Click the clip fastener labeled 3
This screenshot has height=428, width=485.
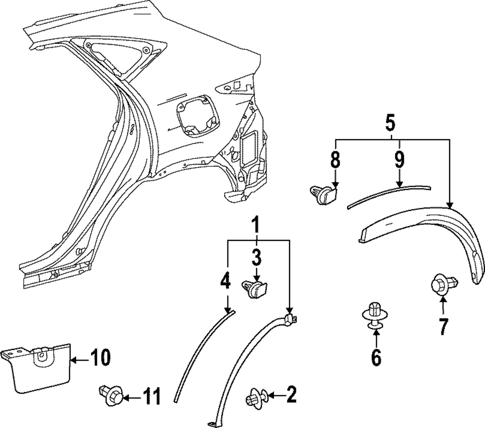(256, 289)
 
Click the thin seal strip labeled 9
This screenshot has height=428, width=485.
(388, 193)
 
